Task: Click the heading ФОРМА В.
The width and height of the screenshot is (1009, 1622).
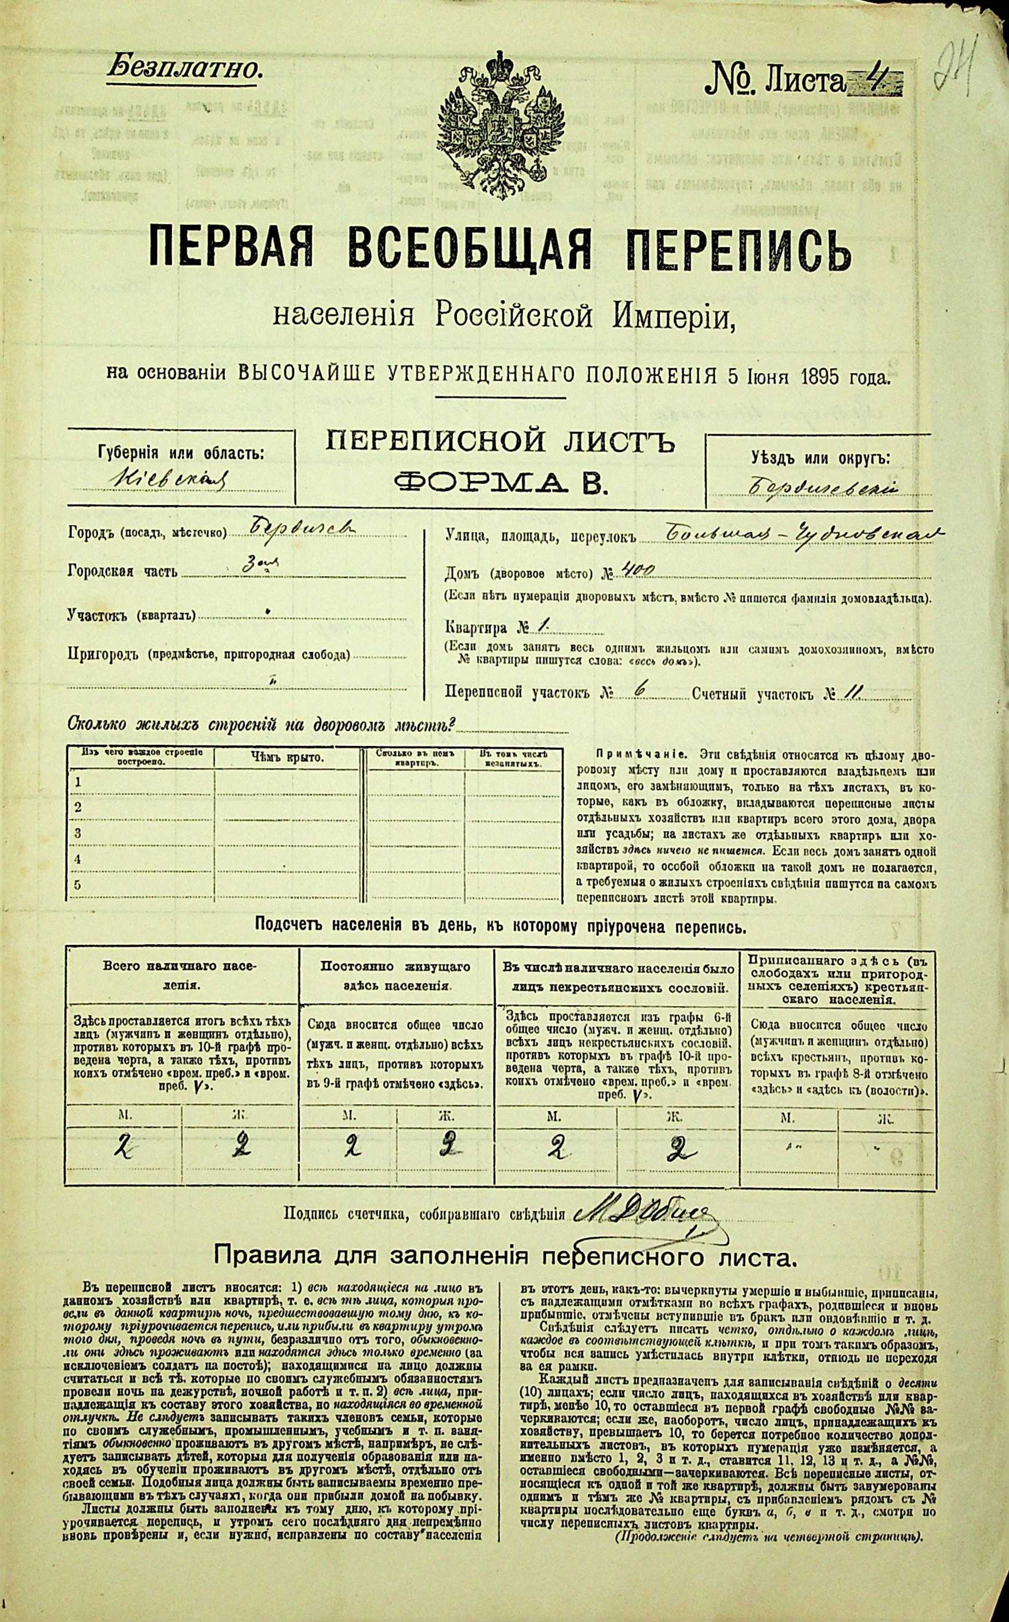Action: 501,480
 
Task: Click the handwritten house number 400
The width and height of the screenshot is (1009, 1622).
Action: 637,569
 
